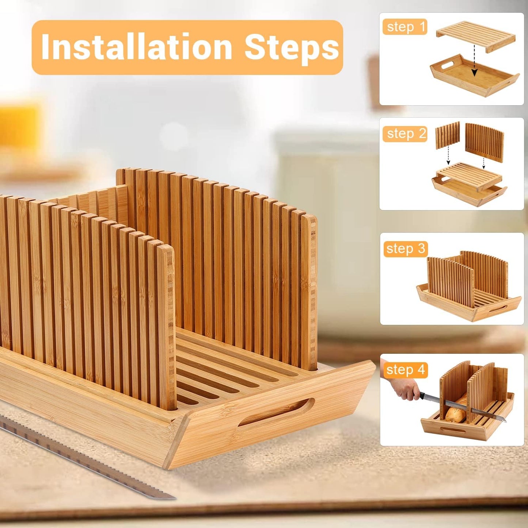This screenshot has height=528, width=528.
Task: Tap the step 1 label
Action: (x=405, y=27)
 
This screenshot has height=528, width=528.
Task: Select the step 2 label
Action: (x=405, y=134)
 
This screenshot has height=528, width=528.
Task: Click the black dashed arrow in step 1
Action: (x=474, y=60)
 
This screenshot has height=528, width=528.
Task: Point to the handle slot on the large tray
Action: (x=276, y=412)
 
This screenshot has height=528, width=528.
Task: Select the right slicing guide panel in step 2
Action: (x=485, y=142)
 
